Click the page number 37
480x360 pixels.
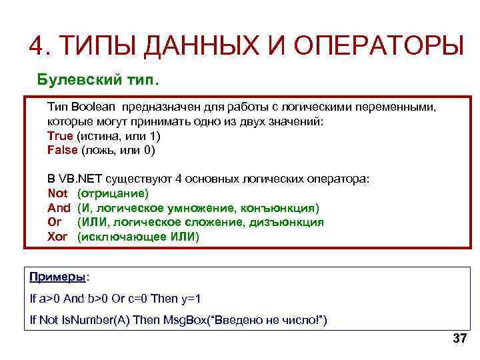point(459,338)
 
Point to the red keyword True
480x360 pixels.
point(60,136)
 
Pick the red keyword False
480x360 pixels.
point(62,150)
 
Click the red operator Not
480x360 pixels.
point(57,193)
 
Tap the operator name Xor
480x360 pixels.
point(57,237)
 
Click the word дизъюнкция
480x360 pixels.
point(290,222)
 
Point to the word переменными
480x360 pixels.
point(399,107)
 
